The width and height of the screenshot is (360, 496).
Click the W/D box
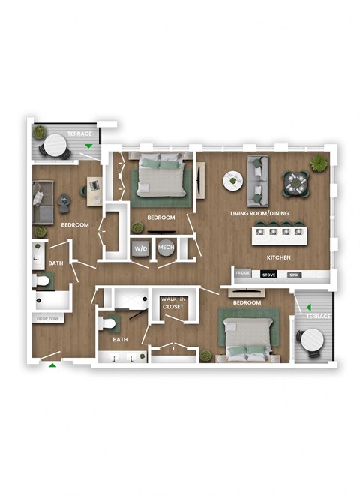click(141, 248)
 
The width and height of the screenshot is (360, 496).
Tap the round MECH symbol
click(165, 248)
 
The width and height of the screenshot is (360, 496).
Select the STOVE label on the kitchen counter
click(268, 275)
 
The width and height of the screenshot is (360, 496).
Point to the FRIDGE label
click(243, 275)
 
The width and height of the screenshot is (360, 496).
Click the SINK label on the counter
click(295, 275)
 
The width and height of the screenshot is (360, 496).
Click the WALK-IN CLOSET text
click(173, 302)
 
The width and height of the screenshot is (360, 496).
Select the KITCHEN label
click(278, 257)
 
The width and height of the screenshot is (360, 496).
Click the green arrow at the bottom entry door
click(52, 365)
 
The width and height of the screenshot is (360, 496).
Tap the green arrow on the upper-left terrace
click(89, 146)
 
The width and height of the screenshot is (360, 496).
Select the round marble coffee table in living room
click(232, 180)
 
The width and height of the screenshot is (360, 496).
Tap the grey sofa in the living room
click(259, 180)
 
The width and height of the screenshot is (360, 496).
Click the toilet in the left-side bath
click(43, 281)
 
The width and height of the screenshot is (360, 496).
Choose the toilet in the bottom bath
click(109, 324)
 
